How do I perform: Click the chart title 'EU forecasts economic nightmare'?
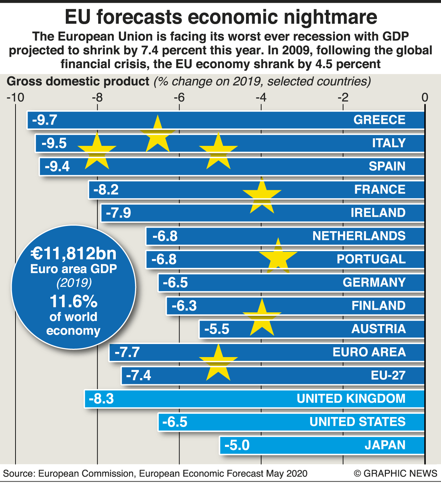pyautogui.click(x=220, y=17)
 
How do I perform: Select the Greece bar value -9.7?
pyautogui.click(x=44, y=120)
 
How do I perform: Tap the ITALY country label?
pyautogui.click(x=389, y=143)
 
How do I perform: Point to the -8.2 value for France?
pyautogui.click(x=106, y=190)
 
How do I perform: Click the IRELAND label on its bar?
pyautogui.click(x=378, y=213)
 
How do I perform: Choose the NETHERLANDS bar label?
pyautogui.click(x=359, y=236)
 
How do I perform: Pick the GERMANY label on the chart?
pyautogui.click(x=374, y=282)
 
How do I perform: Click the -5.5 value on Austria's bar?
pyautogui.click(x=217, y=329)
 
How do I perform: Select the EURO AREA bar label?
pyautogui.click(x=369, y=352)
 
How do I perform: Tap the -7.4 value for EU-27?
pyautogui.click(x=139, y=375)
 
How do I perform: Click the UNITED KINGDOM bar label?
pyautogui.click(x=351, y=399)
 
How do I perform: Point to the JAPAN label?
pyautogui.click(x=385, y=445)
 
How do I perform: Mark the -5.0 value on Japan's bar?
pyautogui.click(x=237, y=445)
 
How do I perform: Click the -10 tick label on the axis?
pyautogui.click(x=16, y=98)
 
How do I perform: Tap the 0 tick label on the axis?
pyautogui.click(x=425, y=98)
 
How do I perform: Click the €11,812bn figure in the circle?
pyautogui.click(x=73, y=254)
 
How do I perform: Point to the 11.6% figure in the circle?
pyautogui.click(x=73, y=302)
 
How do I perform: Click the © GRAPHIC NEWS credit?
pyautogui.click(x=396, y=474)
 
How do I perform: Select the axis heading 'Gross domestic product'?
pyautogui.click(x=78, y=82)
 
